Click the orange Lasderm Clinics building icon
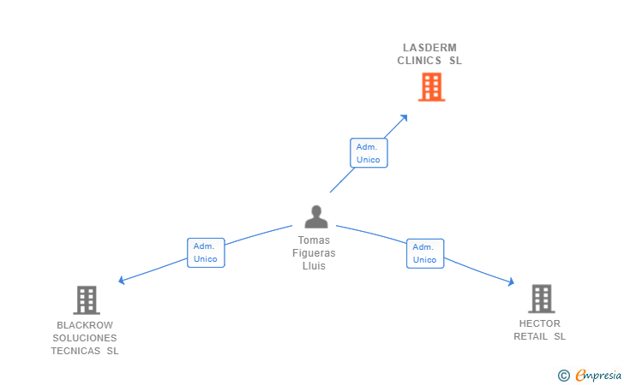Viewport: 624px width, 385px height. [431, 86]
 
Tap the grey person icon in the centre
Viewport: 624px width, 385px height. [316, 216]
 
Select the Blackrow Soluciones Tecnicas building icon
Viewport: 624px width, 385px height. [87, 299]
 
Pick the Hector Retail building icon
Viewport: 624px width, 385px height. [541, 298]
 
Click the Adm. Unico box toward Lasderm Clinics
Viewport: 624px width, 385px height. [368, 153]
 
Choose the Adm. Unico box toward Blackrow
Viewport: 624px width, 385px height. [205, 252]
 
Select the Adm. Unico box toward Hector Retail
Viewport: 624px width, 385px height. [424, 253]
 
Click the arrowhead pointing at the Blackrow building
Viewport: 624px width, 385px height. [122, 281]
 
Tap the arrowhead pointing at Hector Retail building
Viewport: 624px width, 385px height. [510, 282]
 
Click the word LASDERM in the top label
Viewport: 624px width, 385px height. [429, 47]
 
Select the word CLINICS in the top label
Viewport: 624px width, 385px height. [420, 61]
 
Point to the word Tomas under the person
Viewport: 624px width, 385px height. [314, 240]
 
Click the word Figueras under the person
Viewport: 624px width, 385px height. [314, 253]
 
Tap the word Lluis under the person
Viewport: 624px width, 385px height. [314, 266]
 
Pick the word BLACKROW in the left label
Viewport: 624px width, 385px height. [85, 325]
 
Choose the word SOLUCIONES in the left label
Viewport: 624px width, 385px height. [85, 338]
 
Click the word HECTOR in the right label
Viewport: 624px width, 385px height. [540, 323]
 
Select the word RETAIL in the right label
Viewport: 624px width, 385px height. [531, 336]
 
